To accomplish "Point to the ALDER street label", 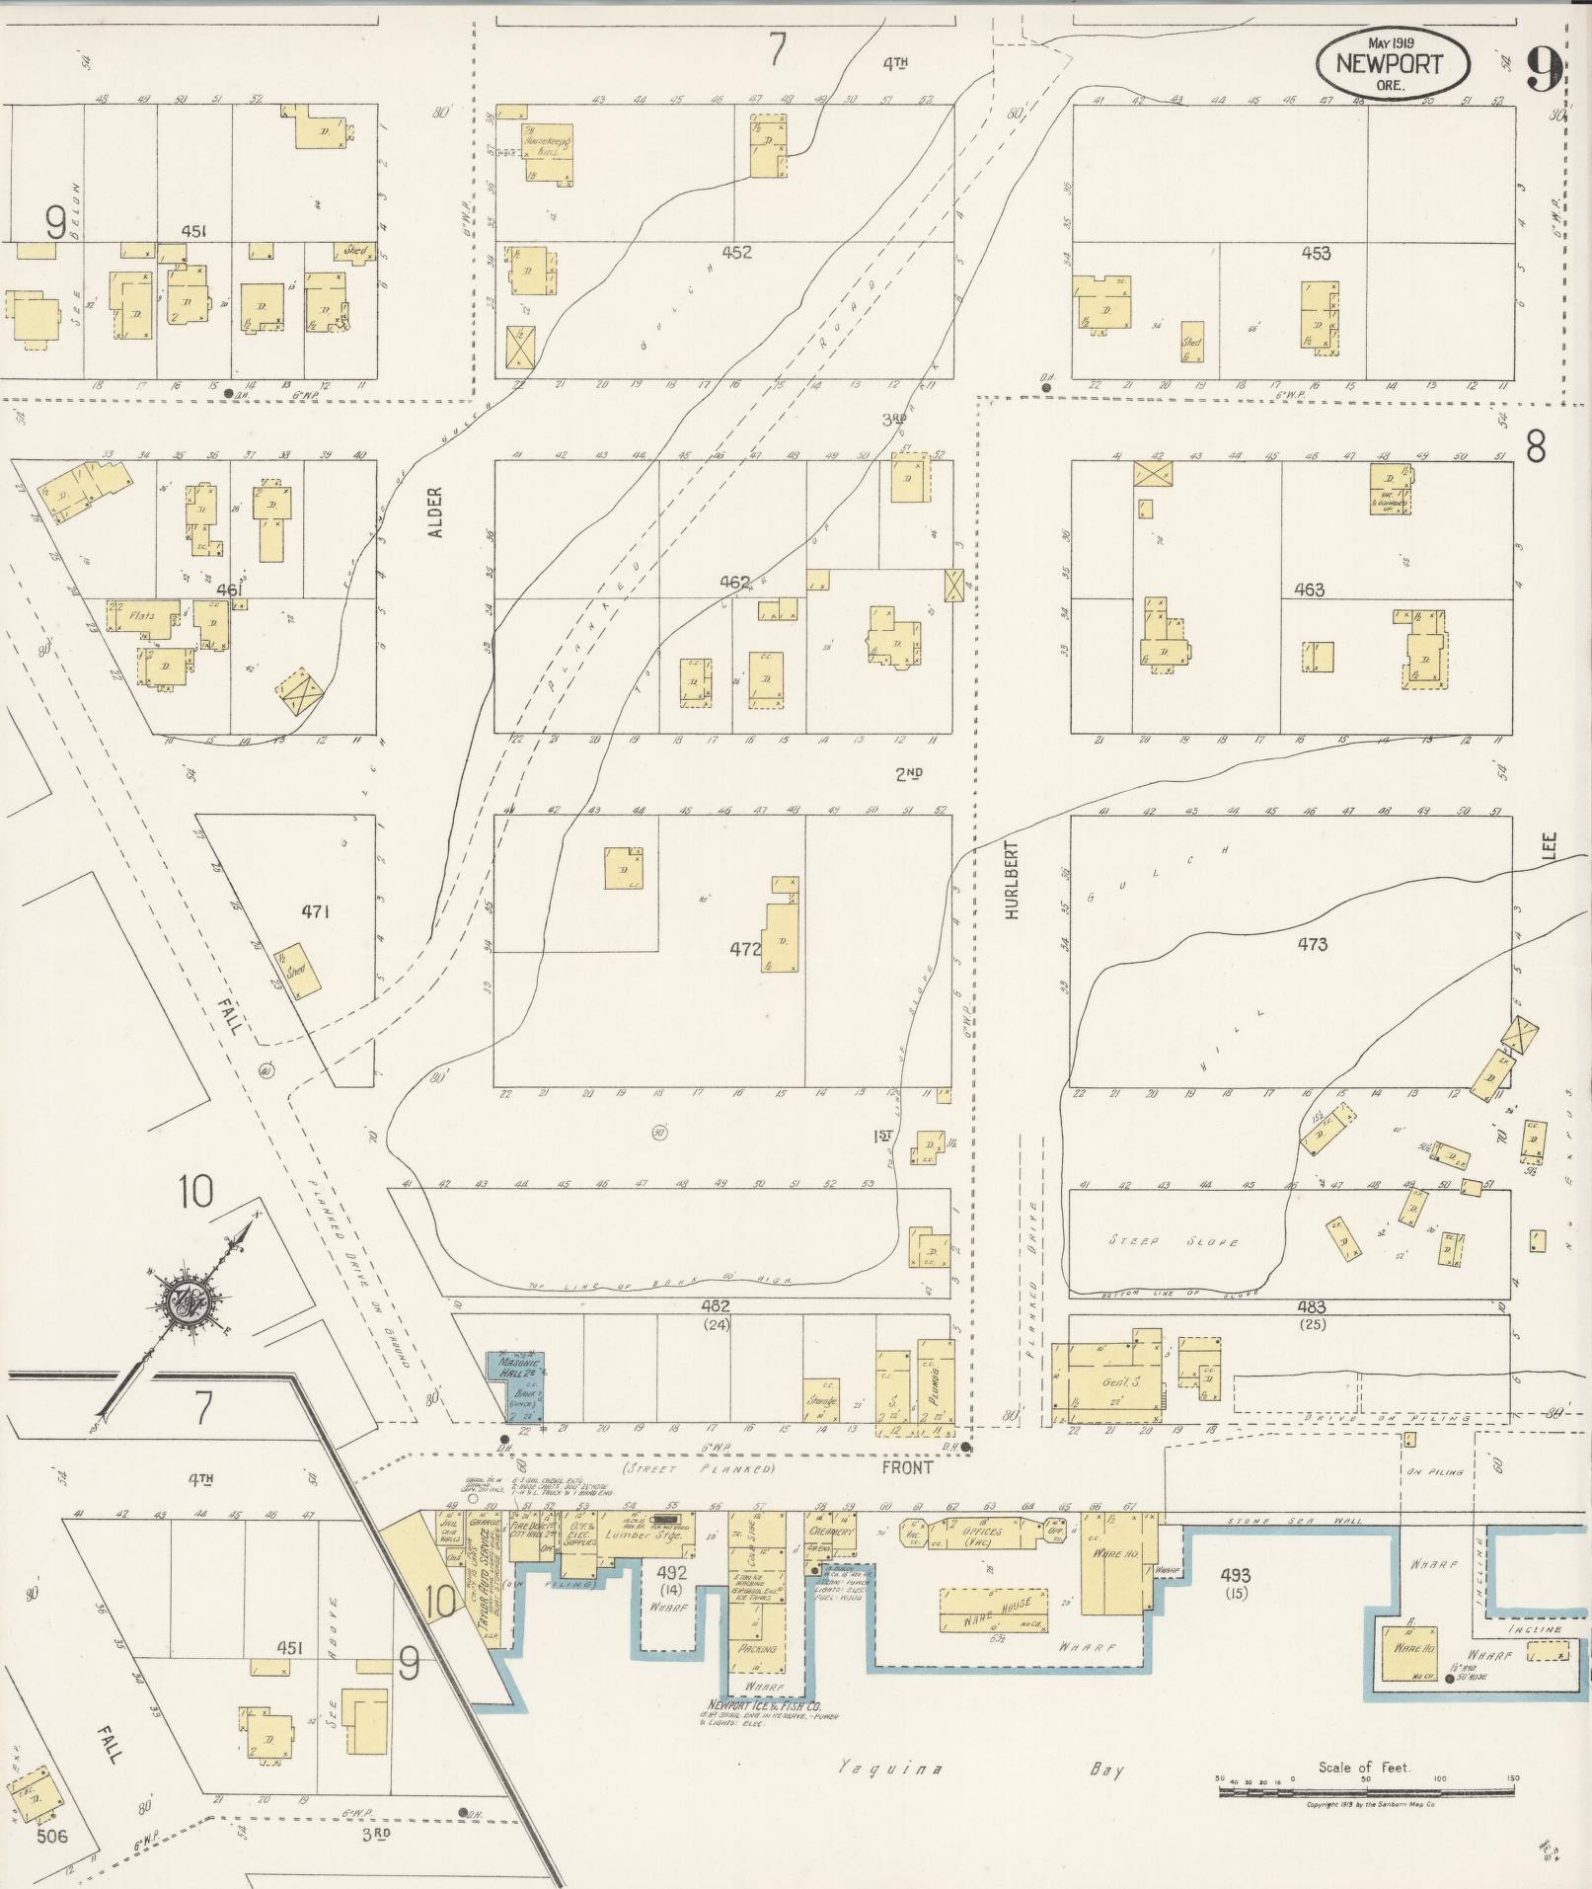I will click(x=435, y=512).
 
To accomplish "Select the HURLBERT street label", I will click(x=1011, y=882).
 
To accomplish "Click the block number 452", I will click(x=736, y=253).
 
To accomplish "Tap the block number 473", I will click(x=1312, y=945).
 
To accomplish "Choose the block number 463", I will click(x=1310, y=590).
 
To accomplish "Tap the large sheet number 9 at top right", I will click(x=1544, y=67).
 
